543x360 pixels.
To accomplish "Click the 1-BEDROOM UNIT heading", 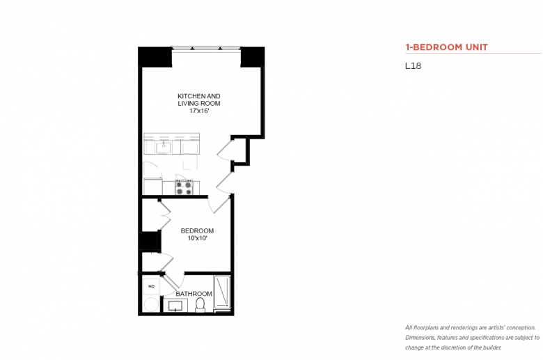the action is tap(446, 47).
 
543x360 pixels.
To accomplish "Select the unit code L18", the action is tap(413, 66).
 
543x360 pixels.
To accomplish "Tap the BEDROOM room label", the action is tap(197, 230).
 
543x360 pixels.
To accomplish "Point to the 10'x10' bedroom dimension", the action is tap(198, 238).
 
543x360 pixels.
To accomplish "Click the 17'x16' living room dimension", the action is tap(199, 111).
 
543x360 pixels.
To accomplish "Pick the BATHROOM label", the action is tap(194, 294).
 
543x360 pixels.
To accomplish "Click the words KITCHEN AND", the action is tap(199, 96).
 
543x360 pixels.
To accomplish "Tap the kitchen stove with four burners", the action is tap(184, 187).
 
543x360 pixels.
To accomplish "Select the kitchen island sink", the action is tap(163, 147).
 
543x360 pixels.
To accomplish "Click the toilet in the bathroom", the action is tap(200, 304).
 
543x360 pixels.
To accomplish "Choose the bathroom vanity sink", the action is tap(175, 306).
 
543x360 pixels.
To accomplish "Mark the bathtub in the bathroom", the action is tap(222, 292).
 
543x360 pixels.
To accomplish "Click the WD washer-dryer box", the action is tap(151, 286).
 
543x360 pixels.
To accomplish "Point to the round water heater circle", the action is tap(151, 304).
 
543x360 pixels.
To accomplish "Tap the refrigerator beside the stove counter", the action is tap(152, 187).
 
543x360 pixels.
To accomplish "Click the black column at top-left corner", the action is tap(155, 57).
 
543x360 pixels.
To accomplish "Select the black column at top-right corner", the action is tap(253, 57).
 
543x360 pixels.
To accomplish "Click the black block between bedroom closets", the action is tap(150, 240).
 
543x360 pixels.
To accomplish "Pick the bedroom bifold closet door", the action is tap(164, 215).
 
